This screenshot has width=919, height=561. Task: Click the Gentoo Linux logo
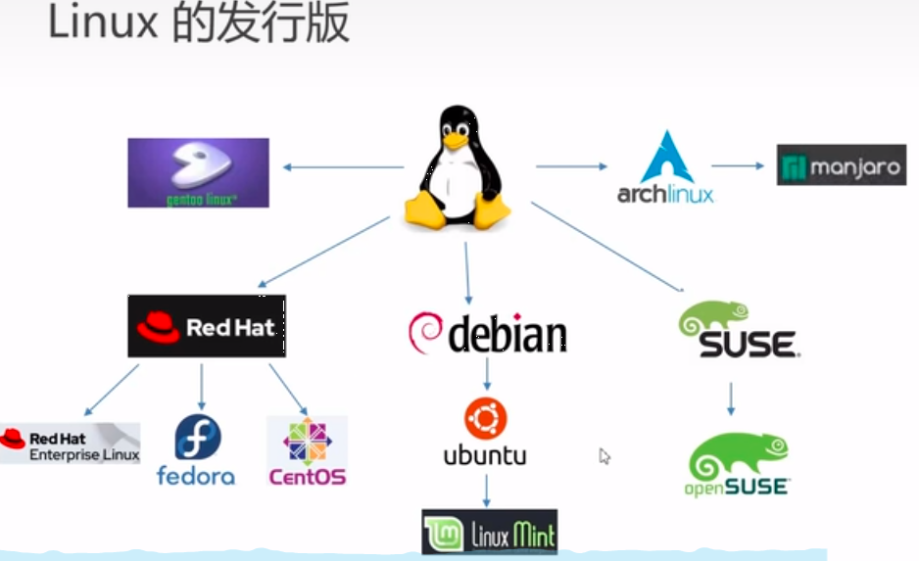198,172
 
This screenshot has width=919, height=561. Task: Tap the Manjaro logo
842,165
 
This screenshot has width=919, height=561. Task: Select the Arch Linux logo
666,168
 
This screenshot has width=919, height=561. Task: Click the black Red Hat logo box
207,326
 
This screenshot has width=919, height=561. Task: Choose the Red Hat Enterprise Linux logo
70,443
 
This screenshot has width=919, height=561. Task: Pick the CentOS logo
307,450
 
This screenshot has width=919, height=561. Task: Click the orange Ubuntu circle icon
485,419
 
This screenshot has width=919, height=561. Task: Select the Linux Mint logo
490,532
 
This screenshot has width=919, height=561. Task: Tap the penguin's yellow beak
454,140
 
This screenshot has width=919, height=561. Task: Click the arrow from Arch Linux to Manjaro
738,165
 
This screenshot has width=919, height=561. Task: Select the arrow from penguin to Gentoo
343,166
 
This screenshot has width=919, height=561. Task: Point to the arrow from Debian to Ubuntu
487,373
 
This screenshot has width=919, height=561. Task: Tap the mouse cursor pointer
605,455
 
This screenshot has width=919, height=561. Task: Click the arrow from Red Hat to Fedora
201,386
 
